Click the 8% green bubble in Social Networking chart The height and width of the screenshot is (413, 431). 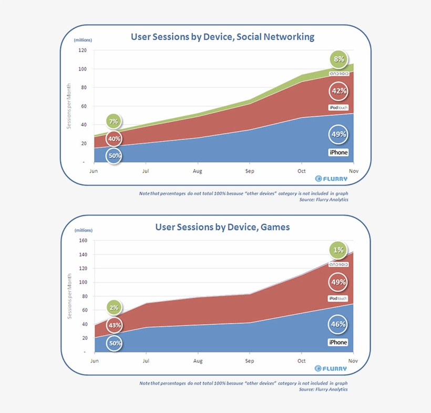338,59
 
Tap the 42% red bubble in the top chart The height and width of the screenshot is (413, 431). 338,91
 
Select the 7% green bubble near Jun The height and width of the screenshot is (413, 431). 114,122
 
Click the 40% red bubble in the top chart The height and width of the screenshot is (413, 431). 114,139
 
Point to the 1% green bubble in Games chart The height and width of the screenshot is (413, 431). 338,250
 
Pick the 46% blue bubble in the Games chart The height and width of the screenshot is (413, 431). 338,324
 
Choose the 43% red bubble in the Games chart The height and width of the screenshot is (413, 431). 114,325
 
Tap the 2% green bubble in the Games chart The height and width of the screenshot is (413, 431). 114,308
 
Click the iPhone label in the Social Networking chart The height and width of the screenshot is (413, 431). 338,153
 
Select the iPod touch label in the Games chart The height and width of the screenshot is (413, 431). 338,298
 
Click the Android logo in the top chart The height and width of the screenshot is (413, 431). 339,74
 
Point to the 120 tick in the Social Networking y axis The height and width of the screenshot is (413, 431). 83,51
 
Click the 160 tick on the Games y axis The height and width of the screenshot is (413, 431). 83,241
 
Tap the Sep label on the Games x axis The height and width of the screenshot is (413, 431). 250,361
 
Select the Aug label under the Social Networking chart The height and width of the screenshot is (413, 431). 198,171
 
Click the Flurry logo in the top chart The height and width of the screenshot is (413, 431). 332,179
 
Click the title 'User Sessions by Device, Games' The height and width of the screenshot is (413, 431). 222,227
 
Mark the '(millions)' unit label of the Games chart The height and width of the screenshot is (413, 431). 83,230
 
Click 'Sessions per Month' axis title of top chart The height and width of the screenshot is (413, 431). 68,106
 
